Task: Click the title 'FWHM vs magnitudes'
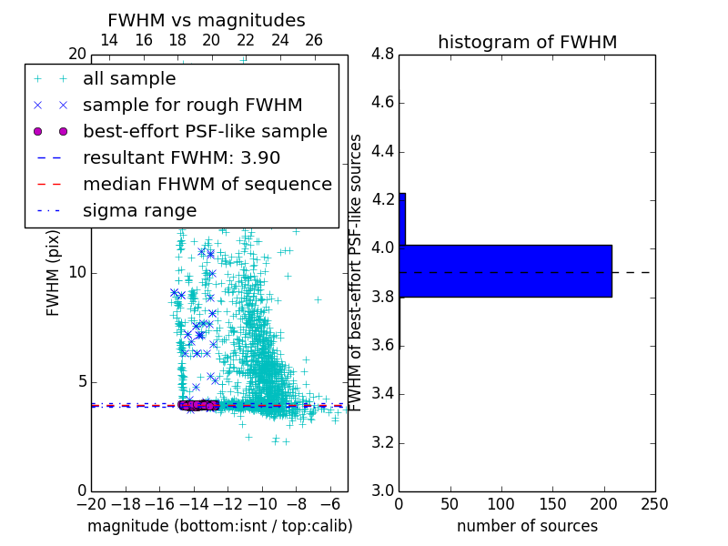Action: (x=206, y=20)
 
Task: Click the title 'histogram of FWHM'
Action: (x=527, y=42)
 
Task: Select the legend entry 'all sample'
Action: (x=129, y=79)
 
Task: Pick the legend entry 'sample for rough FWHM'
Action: (x=192, y=106)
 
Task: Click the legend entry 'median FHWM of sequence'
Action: (x=207, y=184)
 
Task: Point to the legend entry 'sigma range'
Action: (x=139, y=210)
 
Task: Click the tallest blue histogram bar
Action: (x=505, y=271)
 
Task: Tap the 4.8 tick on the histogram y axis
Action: (x=382, y=55)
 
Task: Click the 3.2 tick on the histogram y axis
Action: (x=382, y=443)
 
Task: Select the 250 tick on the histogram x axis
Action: (x=654, y=504)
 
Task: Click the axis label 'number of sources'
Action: (x=527, y=526)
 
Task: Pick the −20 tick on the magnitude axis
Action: (x=91, y=504)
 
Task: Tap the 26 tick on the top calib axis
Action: (x=314, y=40)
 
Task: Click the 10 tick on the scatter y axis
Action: (x=76, y=273)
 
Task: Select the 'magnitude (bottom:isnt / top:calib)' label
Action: (x=219, y=526)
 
